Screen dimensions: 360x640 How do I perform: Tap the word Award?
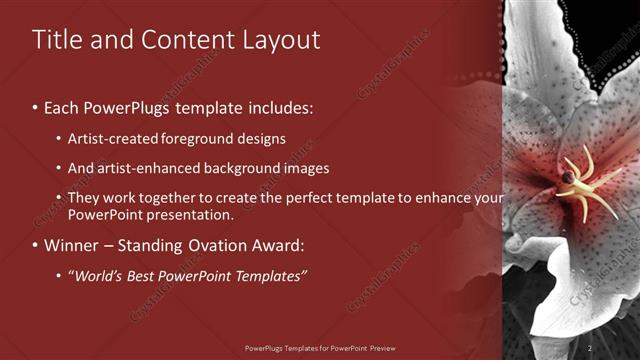click(283, 245)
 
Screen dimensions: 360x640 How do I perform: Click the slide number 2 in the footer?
click(590, 348)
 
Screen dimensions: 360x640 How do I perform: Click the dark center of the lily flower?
click(568, 177)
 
